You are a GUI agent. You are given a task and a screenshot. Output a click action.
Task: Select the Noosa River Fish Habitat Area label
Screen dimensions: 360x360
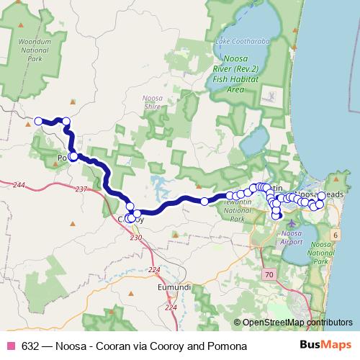click(240, 76)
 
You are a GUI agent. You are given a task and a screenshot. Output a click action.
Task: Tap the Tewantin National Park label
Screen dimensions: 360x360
click(241, 214)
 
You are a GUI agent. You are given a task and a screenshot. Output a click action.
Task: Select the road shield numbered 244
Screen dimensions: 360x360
click(19, 186)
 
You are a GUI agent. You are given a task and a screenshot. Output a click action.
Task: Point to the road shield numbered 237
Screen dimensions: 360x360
click(81, 189)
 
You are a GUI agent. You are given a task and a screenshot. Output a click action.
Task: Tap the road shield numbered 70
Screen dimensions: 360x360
click(269, 275)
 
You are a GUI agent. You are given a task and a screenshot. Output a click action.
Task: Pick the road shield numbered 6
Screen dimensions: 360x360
click(335, 235)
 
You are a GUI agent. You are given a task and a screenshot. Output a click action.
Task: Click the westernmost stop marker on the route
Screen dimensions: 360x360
click(37, 121)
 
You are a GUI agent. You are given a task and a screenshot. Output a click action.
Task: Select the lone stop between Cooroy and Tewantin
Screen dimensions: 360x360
click(204, 201)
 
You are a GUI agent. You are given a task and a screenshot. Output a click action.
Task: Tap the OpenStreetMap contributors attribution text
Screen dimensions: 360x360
click(297, 323)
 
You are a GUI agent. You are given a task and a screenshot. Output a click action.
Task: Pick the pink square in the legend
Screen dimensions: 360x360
click(11, 346)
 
